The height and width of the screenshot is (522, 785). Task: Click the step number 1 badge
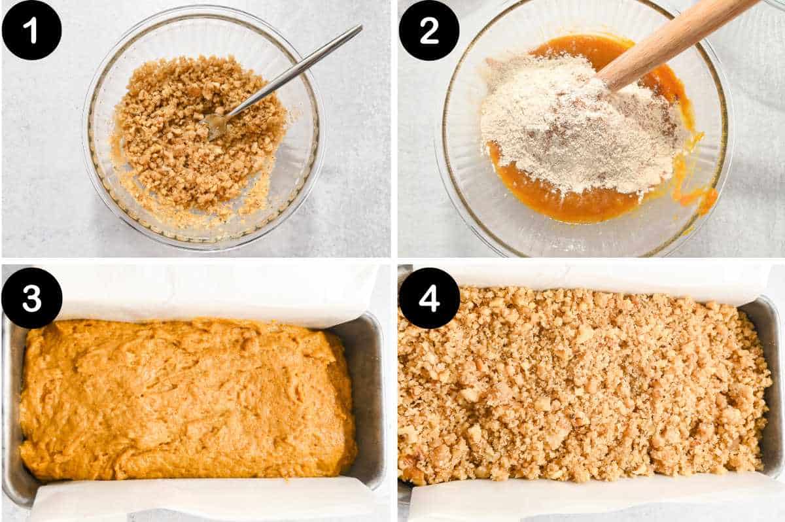coord(31,30)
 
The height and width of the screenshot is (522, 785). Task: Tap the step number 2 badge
coord(429,30)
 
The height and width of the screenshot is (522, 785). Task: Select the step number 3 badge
coord(31,298)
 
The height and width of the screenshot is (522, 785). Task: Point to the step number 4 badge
coord(429,298)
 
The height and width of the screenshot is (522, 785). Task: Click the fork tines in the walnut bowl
coord(216,124)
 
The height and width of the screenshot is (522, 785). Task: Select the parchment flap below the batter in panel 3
coord(196,500)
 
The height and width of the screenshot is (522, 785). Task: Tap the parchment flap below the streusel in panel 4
coord(589,500)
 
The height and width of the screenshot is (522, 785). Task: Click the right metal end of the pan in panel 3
coord(370,399)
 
